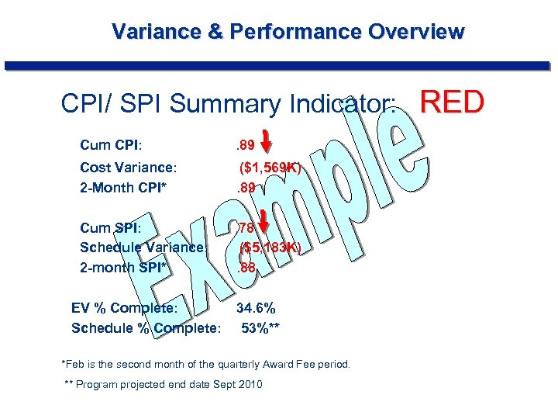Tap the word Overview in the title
click(416, 32)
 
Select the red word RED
click(452, 102)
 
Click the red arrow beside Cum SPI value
click(263, 221)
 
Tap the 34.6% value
click(256, 308)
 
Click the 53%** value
click(260, 327)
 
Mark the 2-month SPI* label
click(124, 268)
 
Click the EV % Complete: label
click(125, 308)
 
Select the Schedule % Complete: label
click(146, 327)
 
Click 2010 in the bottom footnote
click(250, 385)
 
